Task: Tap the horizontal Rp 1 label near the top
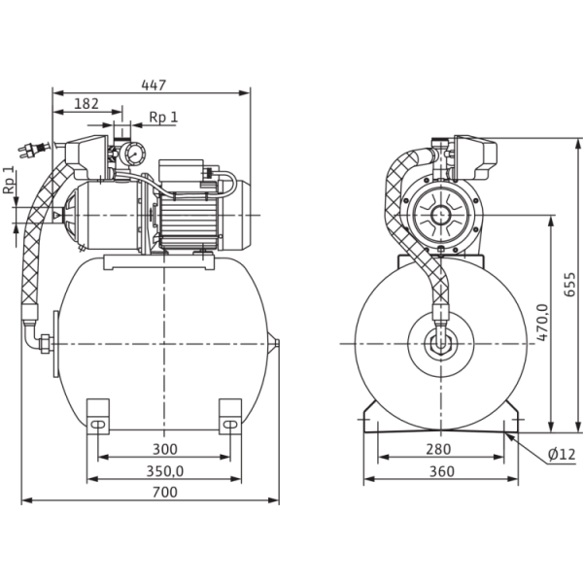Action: [162, 118]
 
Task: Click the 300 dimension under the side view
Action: [164, 450]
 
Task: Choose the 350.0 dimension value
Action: [164, 470]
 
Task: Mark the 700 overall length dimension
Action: [164, 495]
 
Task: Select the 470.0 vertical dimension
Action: [544, 321]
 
